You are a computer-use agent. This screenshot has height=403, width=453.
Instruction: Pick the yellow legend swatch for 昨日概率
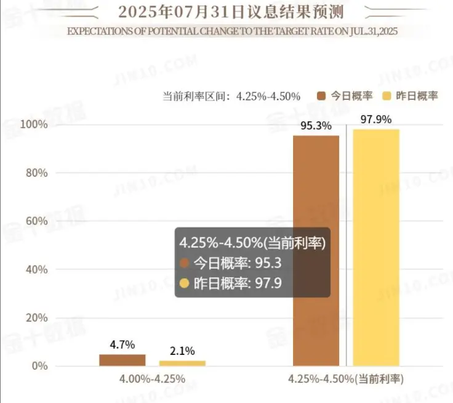click(x=387, y=96)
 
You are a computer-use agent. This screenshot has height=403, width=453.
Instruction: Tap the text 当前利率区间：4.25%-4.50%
click(x=231, y=96)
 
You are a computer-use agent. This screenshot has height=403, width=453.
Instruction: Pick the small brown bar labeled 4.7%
click(x=122, y=360)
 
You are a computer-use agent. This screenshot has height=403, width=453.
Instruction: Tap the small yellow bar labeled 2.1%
click(x=182, y=363)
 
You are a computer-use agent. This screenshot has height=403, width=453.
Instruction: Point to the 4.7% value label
click(x=122, y=344)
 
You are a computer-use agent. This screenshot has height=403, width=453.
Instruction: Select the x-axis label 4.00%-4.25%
click(x=153, y=378)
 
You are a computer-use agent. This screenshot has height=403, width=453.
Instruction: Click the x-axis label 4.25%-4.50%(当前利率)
click(x=346, y=378)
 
